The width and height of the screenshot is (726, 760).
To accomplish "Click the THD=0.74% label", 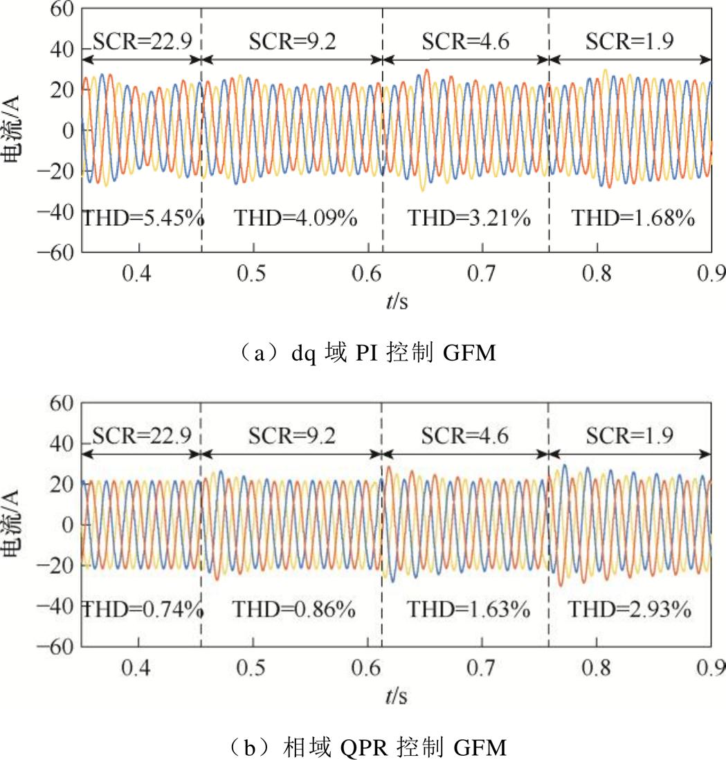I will point(143,610).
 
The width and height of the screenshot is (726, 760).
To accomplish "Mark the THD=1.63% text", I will point(468,610).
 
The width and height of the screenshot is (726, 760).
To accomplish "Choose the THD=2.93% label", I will point(630,610).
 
